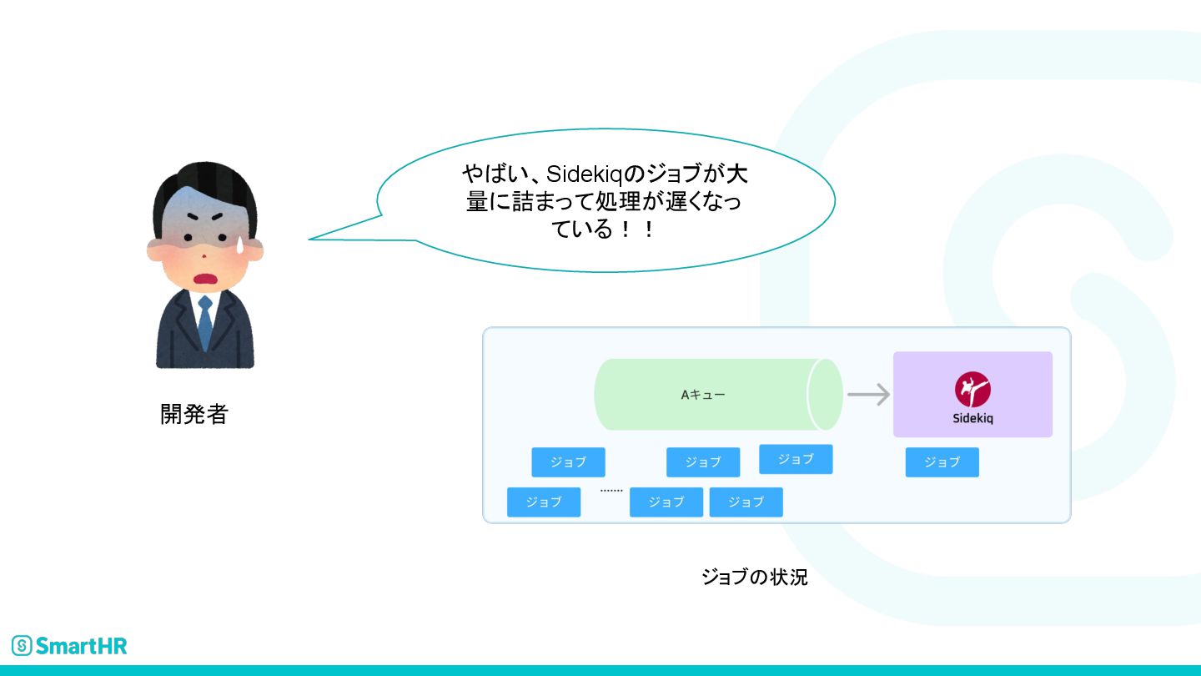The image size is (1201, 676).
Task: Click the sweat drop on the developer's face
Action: [x=237, y=244]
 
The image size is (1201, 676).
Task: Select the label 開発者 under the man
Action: [x=193, y=414]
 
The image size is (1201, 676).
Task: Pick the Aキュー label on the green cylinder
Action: [x=703, y=395]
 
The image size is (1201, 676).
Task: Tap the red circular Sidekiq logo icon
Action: [x=972, y=390]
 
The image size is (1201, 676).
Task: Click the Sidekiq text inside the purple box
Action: [x=972, y=418]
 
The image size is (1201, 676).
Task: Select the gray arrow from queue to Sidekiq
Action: [x=868, y=394]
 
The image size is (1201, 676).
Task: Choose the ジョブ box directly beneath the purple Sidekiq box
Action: [x=942, y=462]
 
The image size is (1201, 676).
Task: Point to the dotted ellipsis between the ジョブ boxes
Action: [x=611, y=491]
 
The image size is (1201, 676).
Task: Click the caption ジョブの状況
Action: [x=755, y=577]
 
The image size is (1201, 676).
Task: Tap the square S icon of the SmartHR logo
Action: [x=22, y=645]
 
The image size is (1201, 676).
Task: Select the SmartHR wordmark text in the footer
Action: [x=82, y=645]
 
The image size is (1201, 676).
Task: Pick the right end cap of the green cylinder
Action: [x=825, y=395]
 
